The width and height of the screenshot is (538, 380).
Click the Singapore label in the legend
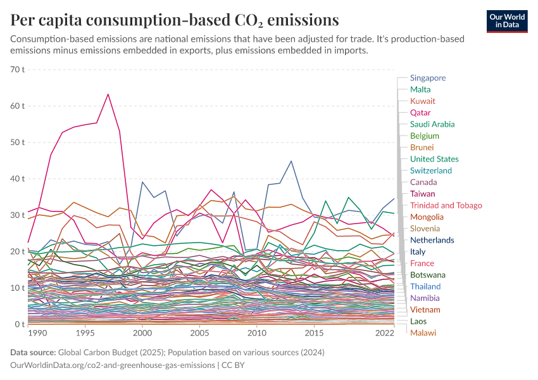pos(427,78)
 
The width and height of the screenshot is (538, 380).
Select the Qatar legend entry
pos(420,113)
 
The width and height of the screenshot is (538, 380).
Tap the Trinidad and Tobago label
pos(446,205)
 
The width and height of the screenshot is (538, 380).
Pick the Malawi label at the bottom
pos(423,332)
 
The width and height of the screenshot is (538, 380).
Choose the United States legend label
pos(434,159)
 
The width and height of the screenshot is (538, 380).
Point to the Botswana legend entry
pos(429,275)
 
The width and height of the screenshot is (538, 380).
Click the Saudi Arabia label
pos(432,124)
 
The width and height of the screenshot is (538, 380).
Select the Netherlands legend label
pos(432,240)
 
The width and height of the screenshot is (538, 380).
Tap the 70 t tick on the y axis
pos(16,69)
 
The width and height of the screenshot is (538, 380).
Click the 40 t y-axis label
pos(16,179)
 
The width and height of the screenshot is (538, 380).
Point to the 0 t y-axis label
pos(19,324)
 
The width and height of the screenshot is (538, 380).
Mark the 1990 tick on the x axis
pos(37,332)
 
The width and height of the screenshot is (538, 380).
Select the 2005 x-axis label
pos(199,332)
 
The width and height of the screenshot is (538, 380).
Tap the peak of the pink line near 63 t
pos(108,94)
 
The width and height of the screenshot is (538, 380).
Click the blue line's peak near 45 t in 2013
pos(291,161)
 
